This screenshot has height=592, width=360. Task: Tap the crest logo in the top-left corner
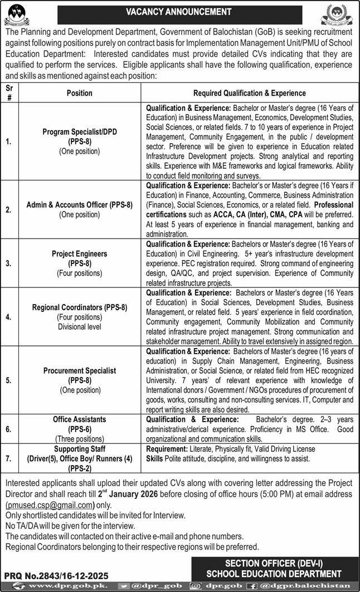pos(19,13)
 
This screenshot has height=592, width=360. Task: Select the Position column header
pos(79,93)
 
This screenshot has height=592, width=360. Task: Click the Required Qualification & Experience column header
pos(249,93)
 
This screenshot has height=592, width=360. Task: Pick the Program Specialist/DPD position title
pos(79,132)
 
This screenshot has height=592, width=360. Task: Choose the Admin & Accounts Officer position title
pos(79,205)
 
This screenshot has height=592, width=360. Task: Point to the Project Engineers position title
pos(79,253)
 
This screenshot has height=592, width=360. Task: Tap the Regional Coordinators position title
pos(79,307)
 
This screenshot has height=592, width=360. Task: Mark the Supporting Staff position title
pos(79,448)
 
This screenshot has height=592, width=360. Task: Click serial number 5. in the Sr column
pos(8,381)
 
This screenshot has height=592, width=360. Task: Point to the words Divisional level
pos(79,327)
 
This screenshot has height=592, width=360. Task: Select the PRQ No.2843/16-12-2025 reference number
pos(56,575)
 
